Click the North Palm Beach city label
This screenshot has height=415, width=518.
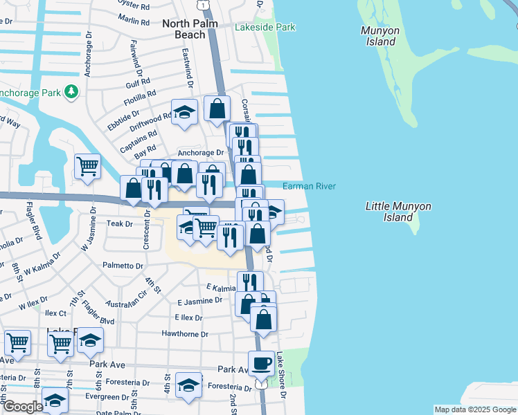tap(190, 29)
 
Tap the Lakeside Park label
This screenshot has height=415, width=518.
tap(265, 27)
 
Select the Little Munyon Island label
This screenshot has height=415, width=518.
tap(398, 212)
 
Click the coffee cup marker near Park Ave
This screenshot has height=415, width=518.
tap(261, 364)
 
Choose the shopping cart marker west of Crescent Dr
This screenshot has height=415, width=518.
tap(87, 166)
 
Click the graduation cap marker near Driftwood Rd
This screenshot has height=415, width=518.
tap(184, 114)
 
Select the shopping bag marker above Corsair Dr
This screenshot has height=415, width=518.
tap(217, 108)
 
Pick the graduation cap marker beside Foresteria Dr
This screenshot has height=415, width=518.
tap(188, 385)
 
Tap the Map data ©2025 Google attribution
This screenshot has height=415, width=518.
tap(474, 409)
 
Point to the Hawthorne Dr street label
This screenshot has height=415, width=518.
tap(185, 334)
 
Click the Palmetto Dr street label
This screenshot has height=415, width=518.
tap(123, 266)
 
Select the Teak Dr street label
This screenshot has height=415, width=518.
tap(119, 224)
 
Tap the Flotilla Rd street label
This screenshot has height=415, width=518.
tap(141, 96)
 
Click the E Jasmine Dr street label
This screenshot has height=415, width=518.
tap(200, 301)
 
